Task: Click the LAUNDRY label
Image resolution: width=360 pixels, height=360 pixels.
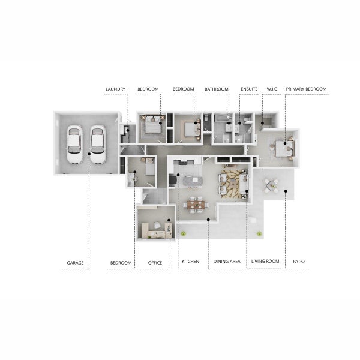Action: [x=115, y=89]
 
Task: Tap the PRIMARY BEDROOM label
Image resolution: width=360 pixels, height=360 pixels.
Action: [x=306, y=89]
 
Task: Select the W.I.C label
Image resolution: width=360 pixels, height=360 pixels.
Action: [x=272, y=89]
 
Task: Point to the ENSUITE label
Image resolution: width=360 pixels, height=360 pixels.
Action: [x=249, y=89]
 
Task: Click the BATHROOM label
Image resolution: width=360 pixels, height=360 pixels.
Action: [x=217, y=89]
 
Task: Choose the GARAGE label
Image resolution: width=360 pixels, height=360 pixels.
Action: [x=75, y=263]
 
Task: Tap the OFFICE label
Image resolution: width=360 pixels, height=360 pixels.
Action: [x=155, y=263]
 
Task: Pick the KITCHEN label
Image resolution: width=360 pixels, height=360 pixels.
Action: [x=191, y=262]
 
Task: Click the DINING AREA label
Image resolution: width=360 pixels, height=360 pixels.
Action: [x=227, y=262]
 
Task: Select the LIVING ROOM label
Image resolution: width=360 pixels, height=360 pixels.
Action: [x=265, y=261]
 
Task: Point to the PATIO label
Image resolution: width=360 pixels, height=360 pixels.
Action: [x=299, y=262]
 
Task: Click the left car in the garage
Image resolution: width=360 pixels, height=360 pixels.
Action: [x=74, y=144]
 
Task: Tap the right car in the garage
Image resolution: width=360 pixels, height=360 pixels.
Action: [x=98, y=144]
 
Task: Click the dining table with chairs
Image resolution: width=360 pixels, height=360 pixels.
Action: [x=196, y=205]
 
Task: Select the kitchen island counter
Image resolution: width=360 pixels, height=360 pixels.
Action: [x=193, y=181]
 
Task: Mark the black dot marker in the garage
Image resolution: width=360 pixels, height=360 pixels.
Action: [x=89, y=154]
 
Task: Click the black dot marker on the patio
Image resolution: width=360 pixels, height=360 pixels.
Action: [x=286, y=191]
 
